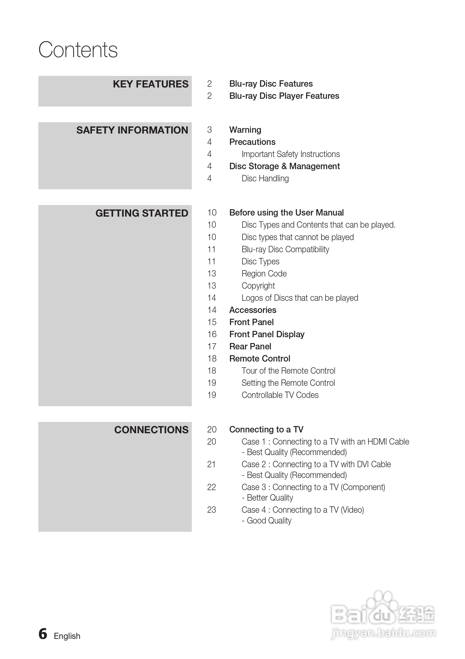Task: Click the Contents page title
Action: coord(78,50)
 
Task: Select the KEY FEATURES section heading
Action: coord(150,84)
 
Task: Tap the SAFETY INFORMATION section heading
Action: coord(132,130)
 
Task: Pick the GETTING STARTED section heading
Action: coord(142,213)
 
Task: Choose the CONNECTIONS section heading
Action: coord(151,430)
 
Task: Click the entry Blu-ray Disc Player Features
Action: coord(284,96)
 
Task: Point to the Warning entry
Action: coord(245,130)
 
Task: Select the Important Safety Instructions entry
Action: coord(291,154)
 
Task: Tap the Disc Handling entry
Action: coord(265,179)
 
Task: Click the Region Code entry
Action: coord(264,273)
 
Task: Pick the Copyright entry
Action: coord(258,286)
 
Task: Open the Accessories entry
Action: coord(253,310)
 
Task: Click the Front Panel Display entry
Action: coord(267,334)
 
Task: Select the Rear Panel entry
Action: coord(250,346)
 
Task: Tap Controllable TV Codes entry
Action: coord(280,395)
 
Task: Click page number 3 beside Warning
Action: coord(209,130)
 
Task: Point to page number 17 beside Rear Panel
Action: coord(212,346)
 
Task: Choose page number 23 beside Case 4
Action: coord(212,510)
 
